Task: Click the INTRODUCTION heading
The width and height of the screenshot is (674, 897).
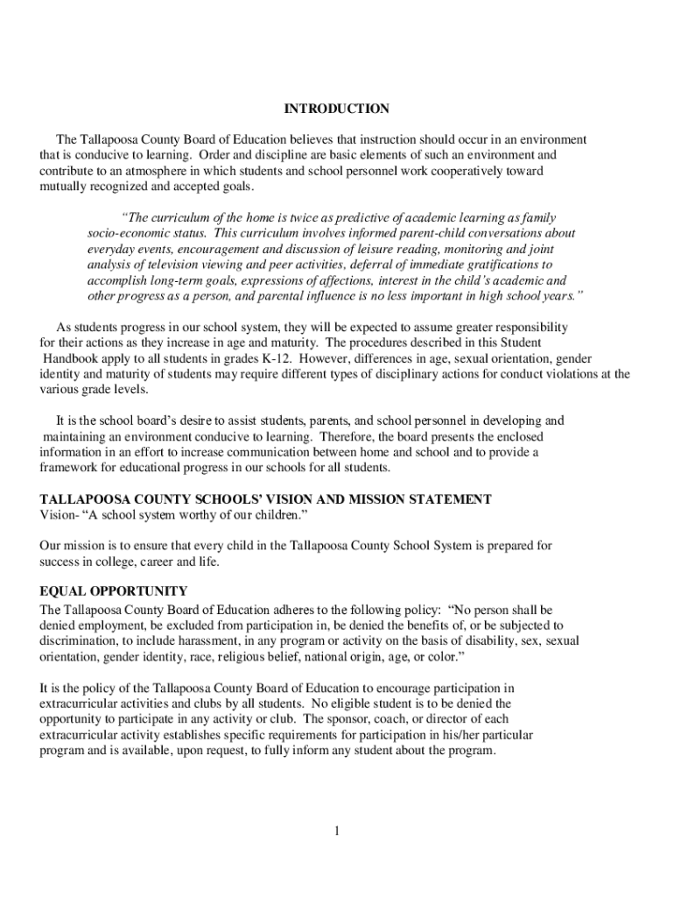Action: point(336,109)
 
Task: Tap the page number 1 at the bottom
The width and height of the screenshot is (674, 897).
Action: point(335,831)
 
